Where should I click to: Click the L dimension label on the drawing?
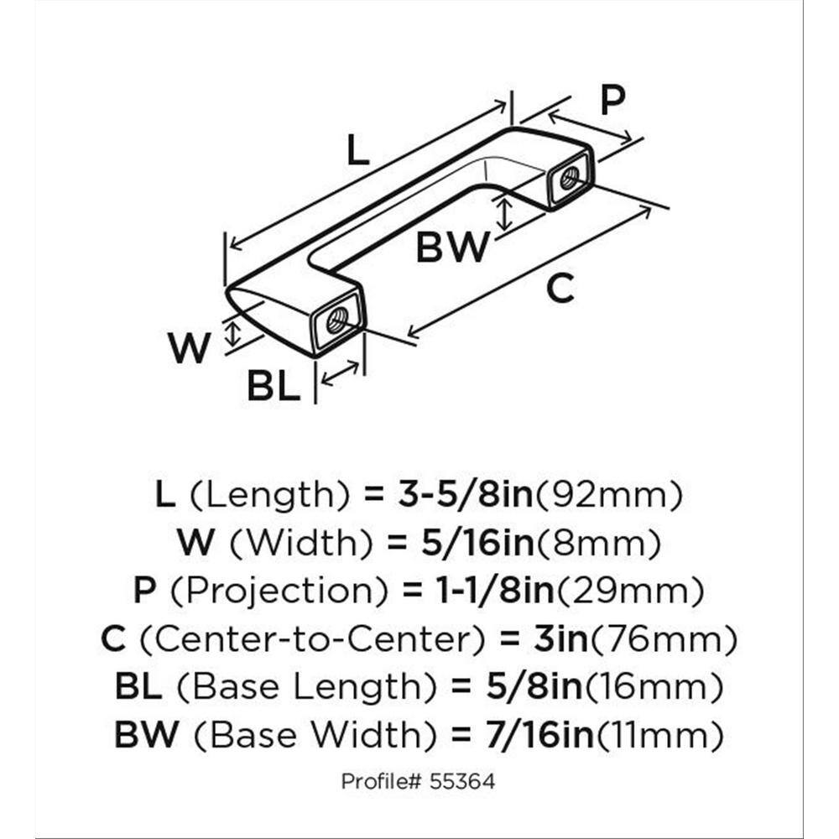pos(358,151)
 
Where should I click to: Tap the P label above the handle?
pos(612,101)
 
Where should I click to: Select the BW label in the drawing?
pos(453,248)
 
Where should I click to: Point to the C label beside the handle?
pos(560,289)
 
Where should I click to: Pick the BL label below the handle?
pos(274,388)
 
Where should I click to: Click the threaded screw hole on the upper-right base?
pos(568,177)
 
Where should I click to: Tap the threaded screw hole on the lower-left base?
pos(337,320)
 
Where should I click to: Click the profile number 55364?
pos(465,782)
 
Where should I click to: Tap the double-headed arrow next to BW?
pos(504,212)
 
